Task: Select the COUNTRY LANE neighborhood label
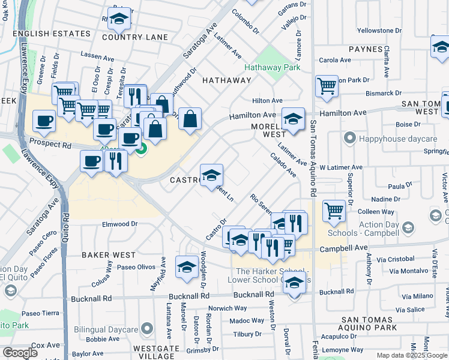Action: pos(135,37)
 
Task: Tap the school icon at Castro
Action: pos(211,175)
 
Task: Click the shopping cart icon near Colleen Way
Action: pos(335,211)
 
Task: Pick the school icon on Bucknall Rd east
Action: pos(294,284)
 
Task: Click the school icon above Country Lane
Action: pos(119,19)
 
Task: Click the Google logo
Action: pos(20,353)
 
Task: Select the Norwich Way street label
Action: pos(228,308)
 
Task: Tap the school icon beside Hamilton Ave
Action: pos(293,119)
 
